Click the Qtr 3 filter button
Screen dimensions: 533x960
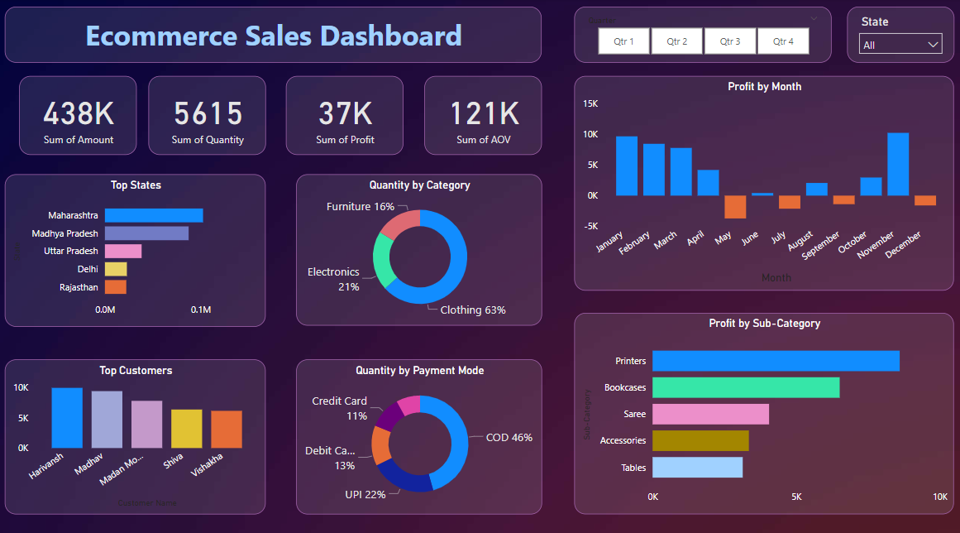coord(730,41)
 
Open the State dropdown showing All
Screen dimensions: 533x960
coord(900,45)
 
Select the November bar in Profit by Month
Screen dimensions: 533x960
coord(898,164)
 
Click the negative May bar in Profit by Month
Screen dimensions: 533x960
coord(735,207)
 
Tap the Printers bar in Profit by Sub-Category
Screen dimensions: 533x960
coord(776,361)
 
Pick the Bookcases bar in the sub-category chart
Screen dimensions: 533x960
coord(746,387)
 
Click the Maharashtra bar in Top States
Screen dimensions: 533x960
coord(153,215)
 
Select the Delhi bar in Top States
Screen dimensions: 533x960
coord(116,269)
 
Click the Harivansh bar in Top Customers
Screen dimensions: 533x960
coord(67,418)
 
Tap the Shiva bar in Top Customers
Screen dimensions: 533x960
coord(186,429)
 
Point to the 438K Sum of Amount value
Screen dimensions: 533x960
coord(79,113)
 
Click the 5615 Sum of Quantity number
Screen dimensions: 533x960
coord(208,113)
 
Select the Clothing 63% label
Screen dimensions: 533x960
coord(472,310)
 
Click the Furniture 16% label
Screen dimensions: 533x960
coord(361,206)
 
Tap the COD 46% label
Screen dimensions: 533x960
coord(509,437)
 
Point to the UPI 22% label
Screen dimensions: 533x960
coord(365,494)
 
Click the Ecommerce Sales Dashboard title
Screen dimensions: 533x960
coord(274,36)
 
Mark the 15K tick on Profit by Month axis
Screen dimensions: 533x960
coord(590,103)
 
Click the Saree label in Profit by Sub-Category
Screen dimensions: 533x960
coord(634,414)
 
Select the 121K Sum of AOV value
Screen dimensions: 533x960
coord(484,113)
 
